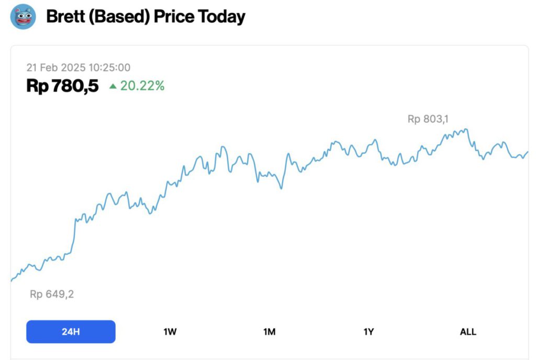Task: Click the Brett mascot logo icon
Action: click(x=23, y=17)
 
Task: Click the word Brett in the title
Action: click(x=63, y=17)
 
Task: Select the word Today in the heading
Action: click(x=221, y=17)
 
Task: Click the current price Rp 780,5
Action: click(x=62, y=86)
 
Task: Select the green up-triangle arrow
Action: click(x=113, y=86)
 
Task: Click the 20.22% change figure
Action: click(x=142, y=86)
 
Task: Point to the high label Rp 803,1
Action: click(x=428, y=119)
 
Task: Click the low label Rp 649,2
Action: click(x=52, y=294)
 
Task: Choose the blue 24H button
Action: click(x=71, y=332)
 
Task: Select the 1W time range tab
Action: click(x=170, y=332)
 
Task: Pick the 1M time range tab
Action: click(x=270, y=332)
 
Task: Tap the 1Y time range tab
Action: click(x=369, y=332)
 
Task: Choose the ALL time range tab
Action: click(x=468, y=332)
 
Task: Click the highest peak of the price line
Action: click(x=465, y=129)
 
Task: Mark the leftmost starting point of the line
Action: click(x=12, y=281)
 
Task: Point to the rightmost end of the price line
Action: click(x=528, y=152)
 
